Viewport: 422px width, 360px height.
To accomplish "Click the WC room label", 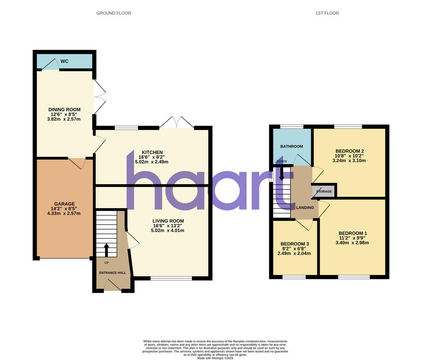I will pos(64,61).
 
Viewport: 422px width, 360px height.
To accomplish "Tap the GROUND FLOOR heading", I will pos(114,13).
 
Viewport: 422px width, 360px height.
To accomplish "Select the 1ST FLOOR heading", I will pos(327,13).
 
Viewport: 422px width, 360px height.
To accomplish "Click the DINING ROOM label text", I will pos(64,110).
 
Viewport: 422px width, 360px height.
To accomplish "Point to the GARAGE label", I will pos(64,204).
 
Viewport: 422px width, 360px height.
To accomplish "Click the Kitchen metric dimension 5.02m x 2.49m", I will pos(152,162).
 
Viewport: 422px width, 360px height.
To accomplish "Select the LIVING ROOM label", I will pos(168,221).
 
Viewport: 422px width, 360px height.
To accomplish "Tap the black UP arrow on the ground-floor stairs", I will pos(106,250).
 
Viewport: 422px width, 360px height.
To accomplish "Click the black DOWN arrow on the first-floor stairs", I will pos(281,173).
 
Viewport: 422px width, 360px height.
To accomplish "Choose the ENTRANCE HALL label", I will pos(112,273).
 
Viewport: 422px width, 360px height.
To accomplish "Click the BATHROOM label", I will pos(292,146).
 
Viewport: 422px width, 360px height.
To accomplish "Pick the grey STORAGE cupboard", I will pos(324,191).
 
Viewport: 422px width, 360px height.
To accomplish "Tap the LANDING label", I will pos(305,208).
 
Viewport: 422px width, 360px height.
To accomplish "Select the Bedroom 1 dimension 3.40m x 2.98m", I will pos(352,243).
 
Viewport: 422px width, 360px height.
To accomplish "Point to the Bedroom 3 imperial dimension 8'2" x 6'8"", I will pos(294,249).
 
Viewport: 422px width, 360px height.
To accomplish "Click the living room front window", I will pos(171,278).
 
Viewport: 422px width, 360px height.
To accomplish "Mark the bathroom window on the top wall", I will pos(292,127).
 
